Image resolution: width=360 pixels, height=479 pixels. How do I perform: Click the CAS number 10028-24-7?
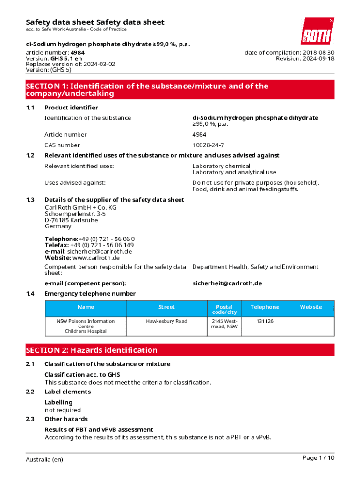208,145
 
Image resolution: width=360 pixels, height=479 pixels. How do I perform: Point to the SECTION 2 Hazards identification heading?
92,350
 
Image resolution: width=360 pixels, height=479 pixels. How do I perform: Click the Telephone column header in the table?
265,307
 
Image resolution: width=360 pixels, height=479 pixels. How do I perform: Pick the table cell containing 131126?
265,321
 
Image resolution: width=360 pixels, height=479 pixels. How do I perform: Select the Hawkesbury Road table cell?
166,321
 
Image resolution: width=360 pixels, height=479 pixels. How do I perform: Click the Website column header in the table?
311,307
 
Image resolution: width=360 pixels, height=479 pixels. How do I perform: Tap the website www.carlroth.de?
96,257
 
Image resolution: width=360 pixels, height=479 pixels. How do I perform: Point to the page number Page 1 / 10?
318,458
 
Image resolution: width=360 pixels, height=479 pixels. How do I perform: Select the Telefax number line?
89,245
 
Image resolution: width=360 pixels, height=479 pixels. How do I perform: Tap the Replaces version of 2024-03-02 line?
70,64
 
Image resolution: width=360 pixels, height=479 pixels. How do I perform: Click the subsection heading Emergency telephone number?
90,293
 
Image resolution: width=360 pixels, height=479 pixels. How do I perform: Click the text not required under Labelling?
63,410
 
